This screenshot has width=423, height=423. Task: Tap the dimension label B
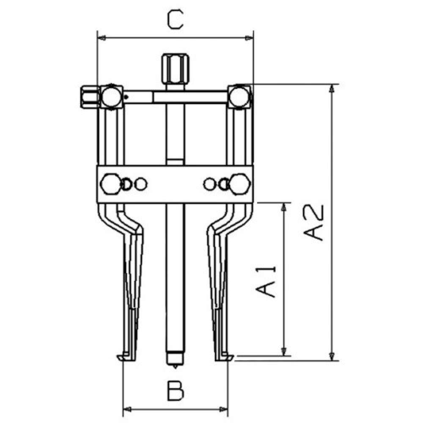[x=176, y=390]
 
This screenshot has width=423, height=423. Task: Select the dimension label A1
[x=266, y=282]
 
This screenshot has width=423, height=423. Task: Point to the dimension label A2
[x=313, y=222]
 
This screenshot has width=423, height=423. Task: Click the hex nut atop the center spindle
[x=176, y=69]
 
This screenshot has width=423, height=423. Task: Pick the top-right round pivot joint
[x=239, y=96]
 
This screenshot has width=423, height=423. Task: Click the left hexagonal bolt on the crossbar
[x=111, y=184]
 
